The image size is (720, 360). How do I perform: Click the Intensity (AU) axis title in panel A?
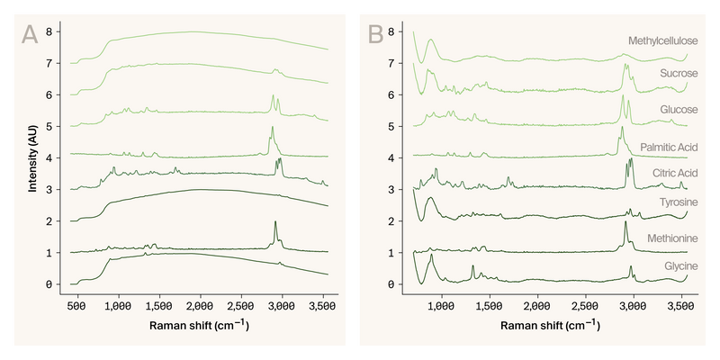pos(33,158)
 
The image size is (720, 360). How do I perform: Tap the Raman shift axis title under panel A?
pos(200,327)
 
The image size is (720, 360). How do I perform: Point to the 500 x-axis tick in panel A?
pos(77,306)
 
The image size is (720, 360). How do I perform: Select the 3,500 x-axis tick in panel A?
pos(323,306)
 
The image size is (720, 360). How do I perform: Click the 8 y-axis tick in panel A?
pos(59,31)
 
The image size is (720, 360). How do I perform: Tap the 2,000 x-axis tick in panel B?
pos(537,306)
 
